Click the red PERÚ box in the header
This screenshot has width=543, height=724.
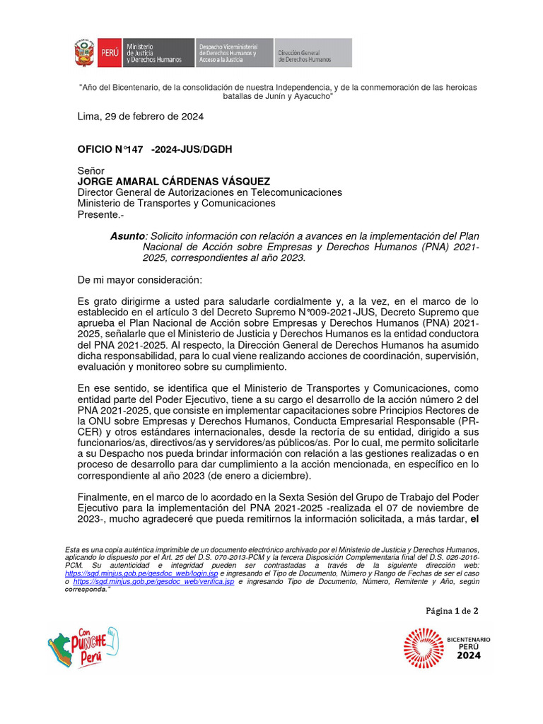tap(109, 54)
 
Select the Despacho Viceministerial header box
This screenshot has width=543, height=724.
tap(233, 54)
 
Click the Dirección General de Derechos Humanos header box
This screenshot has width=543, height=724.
tap(312, 54)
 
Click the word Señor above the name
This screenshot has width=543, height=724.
tap(90, 171)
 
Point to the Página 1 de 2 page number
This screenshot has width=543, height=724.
tap(452, 610)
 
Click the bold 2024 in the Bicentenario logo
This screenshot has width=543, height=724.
tap(468, 655)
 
